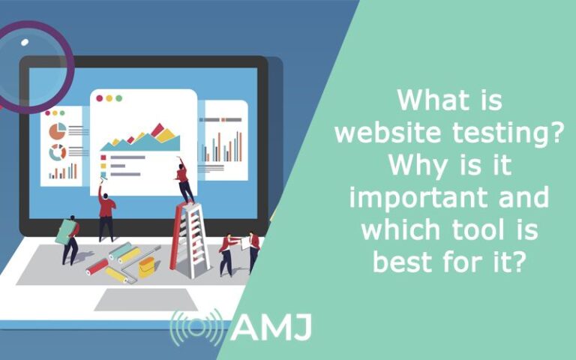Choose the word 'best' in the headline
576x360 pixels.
(x=409, y=262)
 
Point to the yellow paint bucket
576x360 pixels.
(x=147, y=265)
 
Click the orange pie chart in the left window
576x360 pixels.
(x=57, y=131)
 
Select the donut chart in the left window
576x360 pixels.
(x=57, y=152)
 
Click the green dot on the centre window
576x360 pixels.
(x=118, y=98)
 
